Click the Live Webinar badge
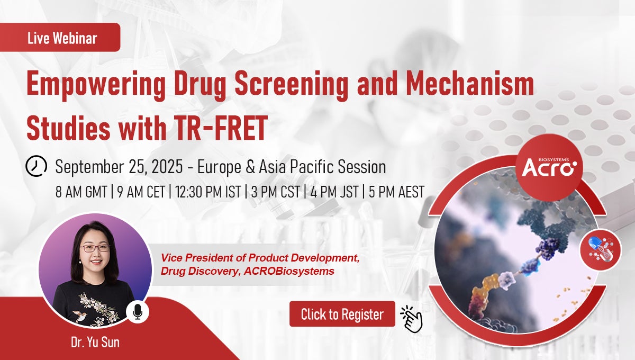[x=60, y=37]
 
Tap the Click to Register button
[x=342, y=314]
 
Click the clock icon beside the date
[x=37, y=166]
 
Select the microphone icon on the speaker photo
[x=138, y=311]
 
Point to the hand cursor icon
[x=412, y=319]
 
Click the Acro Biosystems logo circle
[x=549, y=168]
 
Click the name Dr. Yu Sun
[x=95, y=342]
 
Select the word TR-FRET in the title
[x=221, y=128]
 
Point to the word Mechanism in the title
[x=470, y=84]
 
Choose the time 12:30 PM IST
[x=208, y=192]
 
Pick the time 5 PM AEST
[x=396, y=192]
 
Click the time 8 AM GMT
[x=81, y=192]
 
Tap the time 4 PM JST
[x=334, y=192]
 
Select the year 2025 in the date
[x=167, y=167]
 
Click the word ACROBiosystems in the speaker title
[x=289, y=271]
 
